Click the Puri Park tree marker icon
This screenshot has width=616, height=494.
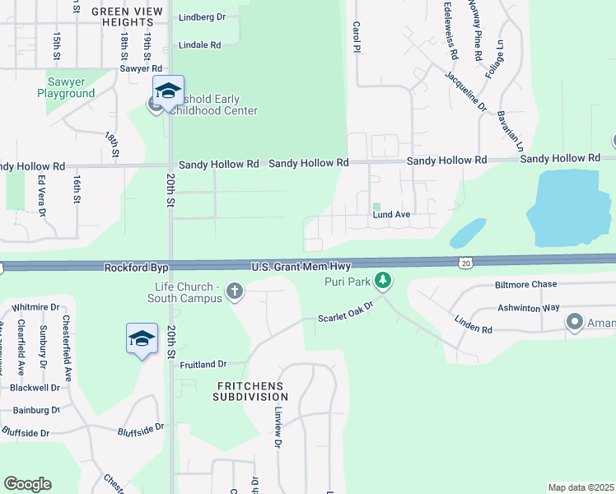tap(382, 282)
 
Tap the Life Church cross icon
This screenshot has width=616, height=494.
tap(235, 290)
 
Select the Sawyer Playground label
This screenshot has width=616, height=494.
tap(66, 87)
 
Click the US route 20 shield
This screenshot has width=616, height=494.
tap(465, 262)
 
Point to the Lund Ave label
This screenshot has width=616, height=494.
tap(391, 215)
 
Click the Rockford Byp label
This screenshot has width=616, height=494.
tap(136, 268)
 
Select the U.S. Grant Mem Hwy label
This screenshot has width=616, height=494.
tap(301, 267)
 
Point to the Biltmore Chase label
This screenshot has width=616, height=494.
tap(526, 285)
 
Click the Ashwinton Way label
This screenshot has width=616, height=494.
tap(529, 307)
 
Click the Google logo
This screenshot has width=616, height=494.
tap(27, 484)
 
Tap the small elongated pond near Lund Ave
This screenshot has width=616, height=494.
tap(468, 232)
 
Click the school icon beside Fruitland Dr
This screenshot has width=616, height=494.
tap(142, 338)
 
